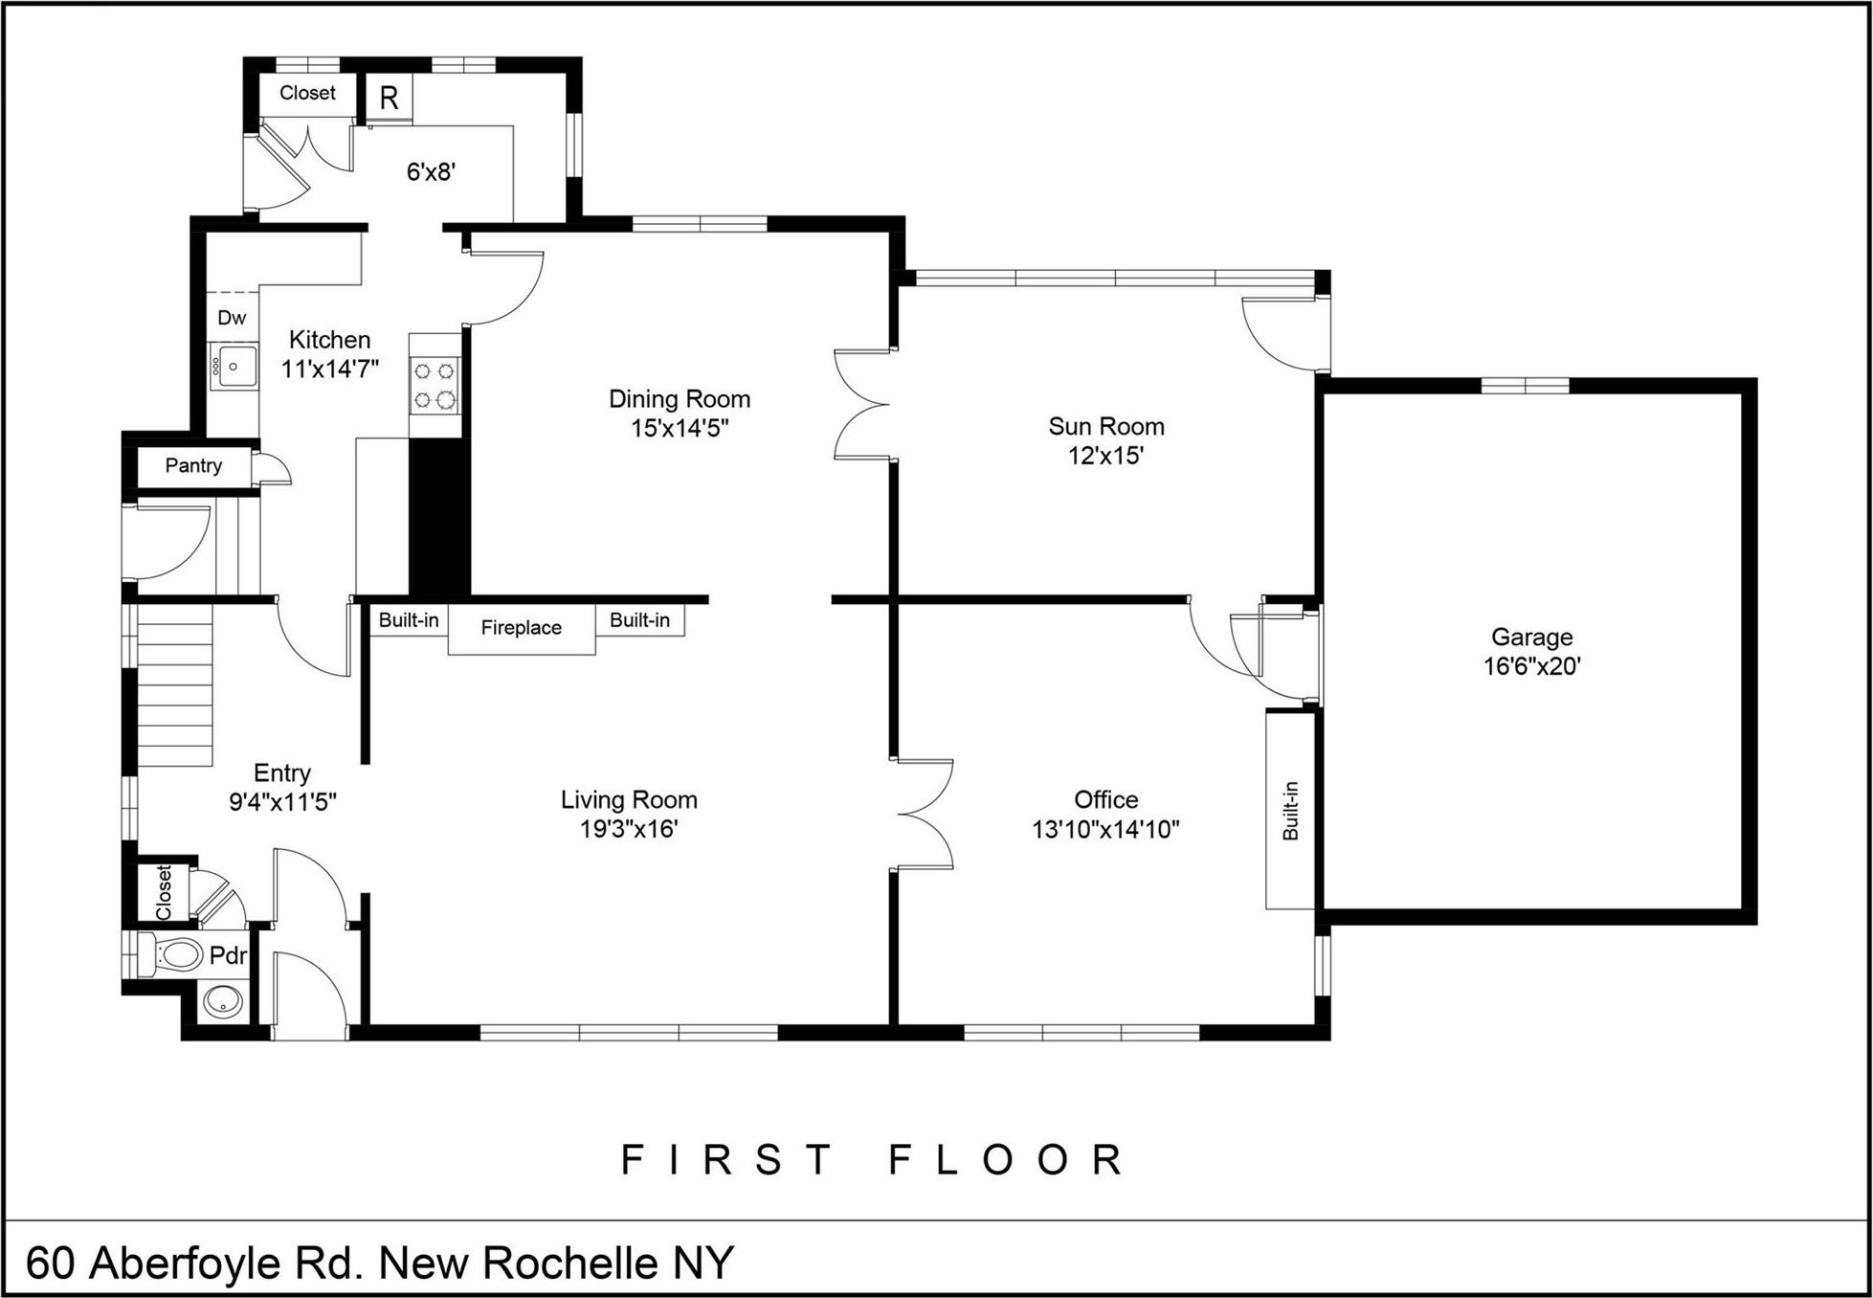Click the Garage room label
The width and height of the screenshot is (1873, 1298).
coord(1531,637)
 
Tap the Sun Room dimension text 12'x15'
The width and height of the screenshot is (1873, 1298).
coord(1105,456)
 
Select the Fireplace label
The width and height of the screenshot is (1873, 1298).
coord(521,628)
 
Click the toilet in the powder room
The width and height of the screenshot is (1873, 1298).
coord(174,953)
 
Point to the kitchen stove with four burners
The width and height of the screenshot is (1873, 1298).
coord(435,385)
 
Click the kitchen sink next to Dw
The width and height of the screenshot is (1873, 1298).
coord(234,367)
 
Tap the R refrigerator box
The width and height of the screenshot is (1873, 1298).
coord(389,98)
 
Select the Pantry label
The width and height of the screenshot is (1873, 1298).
coord(193,466)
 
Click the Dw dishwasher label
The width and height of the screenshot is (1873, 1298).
coord(232,318)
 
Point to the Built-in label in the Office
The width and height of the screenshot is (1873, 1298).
coord(1290,810)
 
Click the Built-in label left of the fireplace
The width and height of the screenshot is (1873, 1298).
coord(409,620)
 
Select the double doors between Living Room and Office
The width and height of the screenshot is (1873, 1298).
coord(925,815)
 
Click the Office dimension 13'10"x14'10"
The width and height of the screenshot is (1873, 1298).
coord(1105,829)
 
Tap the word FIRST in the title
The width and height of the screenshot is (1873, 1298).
coord(727,1160)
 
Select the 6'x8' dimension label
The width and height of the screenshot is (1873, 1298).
coord(431,172)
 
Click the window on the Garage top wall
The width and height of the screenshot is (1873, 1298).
coord(1525,386)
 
